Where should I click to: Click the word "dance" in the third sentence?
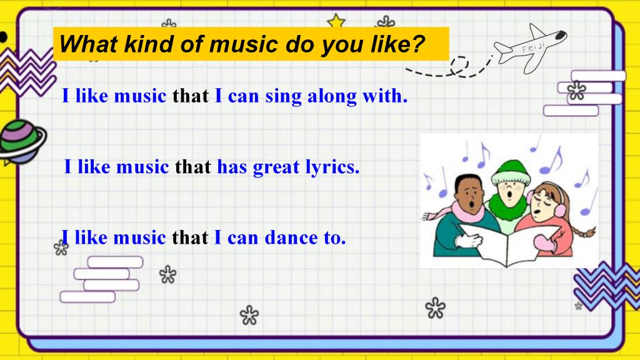click(x=291, y=237)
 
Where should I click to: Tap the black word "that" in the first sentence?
click(x=191, y=96)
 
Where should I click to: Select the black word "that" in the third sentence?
click(x=190, y=237)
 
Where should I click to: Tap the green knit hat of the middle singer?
click(x=511, y=172)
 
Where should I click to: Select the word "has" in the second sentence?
click(x=232, y=167)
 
